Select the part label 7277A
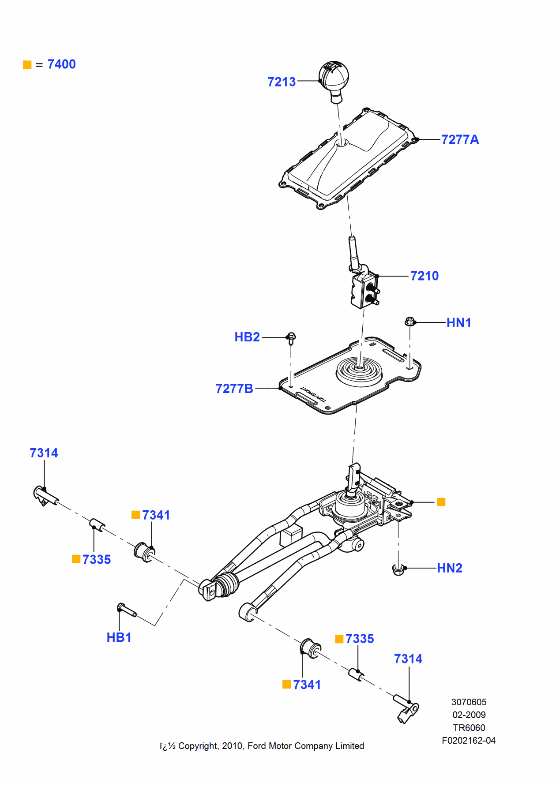(x=460, y=140)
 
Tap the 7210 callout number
(x=424, y=276)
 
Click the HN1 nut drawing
(x=409, y=322)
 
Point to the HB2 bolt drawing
(x=291, y=338)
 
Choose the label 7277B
(x=234, y=389)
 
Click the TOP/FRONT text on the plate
(x=314, y=394)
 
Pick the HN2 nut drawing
(x=398, y=570)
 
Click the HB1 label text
(x=119, y=637)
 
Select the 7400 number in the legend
(x=61, y=64)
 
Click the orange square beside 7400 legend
(x=27, y=65)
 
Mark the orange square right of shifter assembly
(x=441, y=502)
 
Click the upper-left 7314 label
(x=44, y=453)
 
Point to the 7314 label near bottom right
(x=408, y=659)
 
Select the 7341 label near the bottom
(x=307, y=685)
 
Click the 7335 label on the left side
(x=96, y=560)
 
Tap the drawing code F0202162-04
(x=469, y=741)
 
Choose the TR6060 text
(x=469, y=728)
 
